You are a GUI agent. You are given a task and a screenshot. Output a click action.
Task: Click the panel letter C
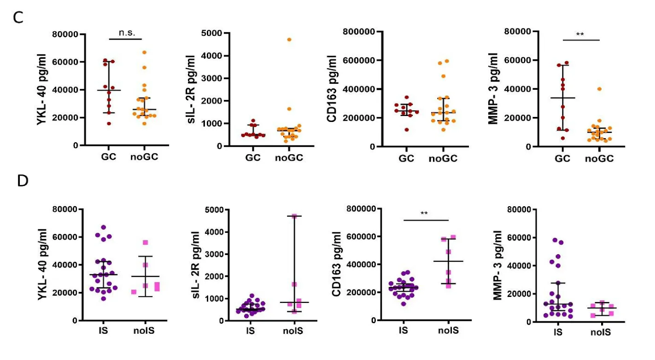(x=18, y=17)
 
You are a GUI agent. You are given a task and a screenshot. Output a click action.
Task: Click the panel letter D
(x=22, y=180)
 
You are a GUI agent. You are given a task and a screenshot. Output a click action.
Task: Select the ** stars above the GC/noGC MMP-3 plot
(x=580, y=35)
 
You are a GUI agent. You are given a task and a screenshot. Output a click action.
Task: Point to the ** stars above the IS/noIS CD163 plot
(x=426, y=214)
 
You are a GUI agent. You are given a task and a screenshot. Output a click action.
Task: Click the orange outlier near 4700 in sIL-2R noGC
(x=289, y=40)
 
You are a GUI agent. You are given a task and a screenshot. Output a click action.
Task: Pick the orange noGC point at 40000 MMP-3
(x=599, y=89)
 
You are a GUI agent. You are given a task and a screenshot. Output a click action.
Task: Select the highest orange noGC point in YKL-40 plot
(x=144, y=52)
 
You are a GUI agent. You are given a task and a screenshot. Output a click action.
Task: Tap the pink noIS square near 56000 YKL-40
(x=146, y=243)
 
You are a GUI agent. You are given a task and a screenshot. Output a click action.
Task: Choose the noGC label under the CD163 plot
(x=443, y=159)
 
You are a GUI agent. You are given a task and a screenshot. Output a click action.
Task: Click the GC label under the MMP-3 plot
(x=562, y=159)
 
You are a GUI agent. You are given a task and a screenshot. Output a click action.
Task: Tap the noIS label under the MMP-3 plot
(x=600, y=332)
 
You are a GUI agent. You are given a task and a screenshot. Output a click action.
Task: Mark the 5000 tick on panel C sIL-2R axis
(x=213, y=33)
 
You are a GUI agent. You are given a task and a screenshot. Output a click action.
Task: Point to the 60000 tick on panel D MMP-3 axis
(x=519, y=238)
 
